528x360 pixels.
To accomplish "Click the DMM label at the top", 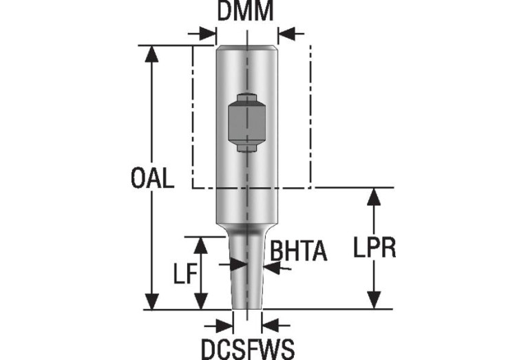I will pyautogui.click(x=245, y=12).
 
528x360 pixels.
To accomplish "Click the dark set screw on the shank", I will pyautogui.click(x=245, y=123).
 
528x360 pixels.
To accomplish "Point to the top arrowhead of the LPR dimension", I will pyautogui.click(x=374, y=195).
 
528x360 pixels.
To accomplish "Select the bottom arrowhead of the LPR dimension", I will pyautogui.click(x=374, y=301).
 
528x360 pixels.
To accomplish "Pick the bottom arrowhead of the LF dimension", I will pyautogui.click(x=201, y=302).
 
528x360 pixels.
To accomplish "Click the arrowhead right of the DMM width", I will pyautogui.click(x=285, y=33).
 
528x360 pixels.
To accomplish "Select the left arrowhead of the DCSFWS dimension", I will pyautogui.click(x=226, y=323).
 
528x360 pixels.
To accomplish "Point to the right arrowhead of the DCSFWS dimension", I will pyautogui.click(x=269, y=323).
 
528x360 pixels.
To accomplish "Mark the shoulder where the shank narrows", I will pyautogui.click(x=246, y=227).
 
